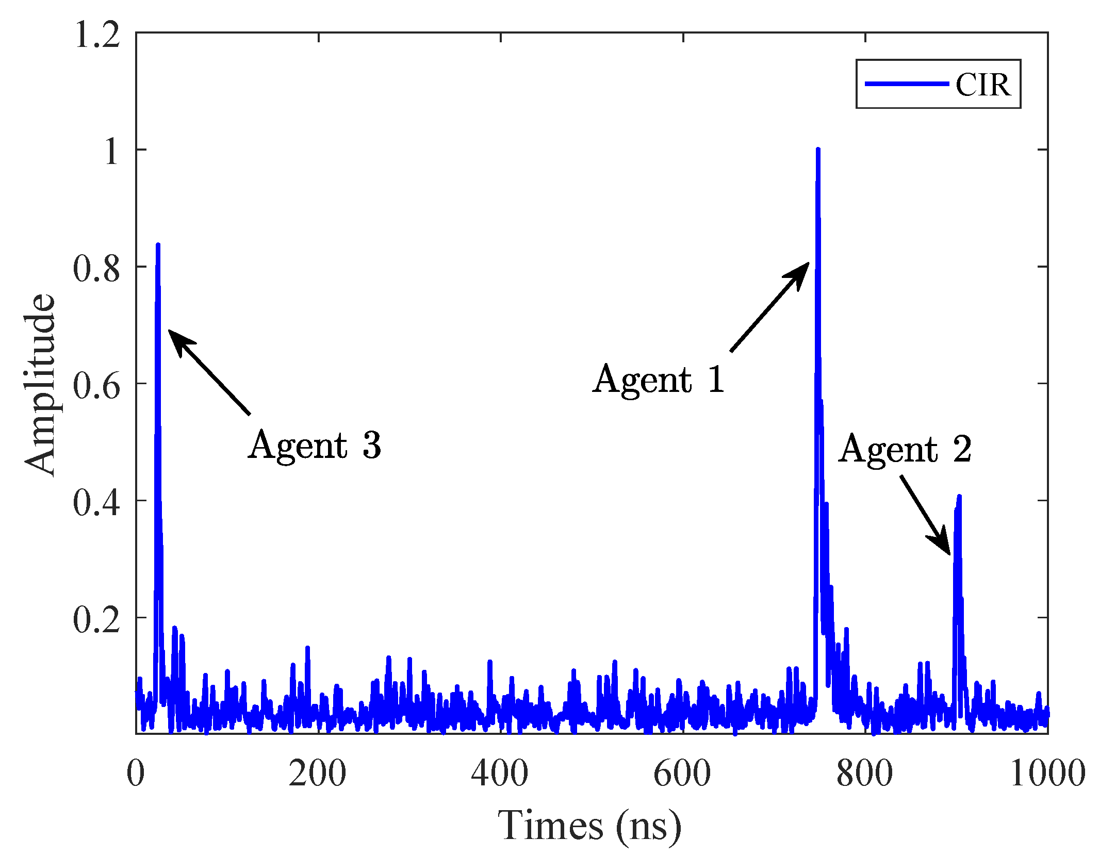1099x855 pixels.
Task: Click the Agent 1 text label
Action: click(x=659, y=380)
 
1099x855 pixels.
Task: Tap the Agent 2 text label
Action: click(x=905, y=449)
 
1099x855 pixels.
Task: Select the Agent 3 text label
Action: click(x=315, y=445)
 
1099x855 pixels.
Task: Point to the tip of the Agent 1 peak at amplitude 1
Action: click(x=818, y=150)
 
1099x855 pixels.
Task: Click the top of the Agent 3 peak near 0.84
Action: click(x=158, y=245)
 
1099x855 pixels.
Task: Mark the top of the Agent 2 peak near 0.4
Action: click(x=959, y=497)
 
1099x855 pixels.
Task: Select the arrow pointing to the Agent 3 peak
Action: click(x=209, y=372)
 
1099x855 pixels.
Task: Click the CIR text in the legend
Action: click(x=982, y=85)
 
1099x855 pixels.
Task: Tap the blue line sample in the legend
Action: click(x=906, y=84)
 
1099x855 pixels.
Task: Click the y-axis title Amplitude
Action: click(x=40, y=384)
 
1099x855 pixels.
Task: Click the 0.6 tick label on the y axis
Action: click(x=96, y=386)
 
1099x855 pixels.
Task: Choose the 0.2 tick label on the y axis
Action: click(x=96, y=619)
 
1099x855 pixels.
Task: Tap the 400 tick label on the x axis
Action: click(x=500, y=774)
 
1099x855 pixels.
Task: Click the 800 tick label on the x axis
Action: click(x=864, y=774)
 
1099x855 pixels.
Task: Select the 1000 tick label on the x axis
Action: click(x=1047, y=774)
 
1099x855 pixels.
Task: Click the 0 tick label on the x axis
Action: click(x=136, y=774)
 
